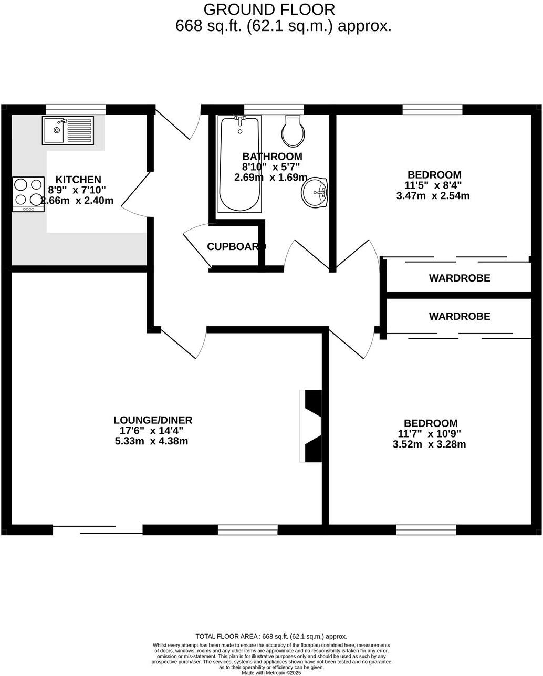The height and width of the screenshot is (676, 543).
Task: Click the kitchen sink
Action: (68, 130)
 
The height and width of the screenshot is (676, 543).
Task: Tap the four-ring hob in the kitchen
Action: (29, 193)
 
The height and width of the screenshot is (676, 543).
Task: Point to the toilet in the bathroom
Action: (293, 131)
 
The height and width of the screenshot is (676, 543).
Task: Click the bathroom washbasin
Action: (315, 193)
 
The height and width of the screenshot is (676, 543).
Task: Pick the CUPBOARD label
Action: (236, 246)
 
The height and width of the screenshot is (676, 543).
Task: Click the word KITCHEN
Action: (78, 180)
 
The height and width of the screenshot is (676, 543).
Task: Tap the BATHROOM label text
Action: (272, 156)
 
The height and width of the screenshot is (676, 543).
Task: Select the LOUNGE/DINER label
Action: (153, 420)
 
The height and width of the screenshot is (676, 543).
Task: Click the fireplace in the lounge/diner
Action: (311, 426)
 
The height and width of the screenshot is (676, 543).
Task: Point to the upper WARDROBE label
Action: (460, 278)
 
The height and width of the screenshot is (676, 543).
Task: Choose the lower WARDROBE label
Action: (460, 316)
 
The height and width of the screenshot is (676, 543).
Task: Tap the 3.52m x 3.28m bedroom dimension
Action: (430, 444)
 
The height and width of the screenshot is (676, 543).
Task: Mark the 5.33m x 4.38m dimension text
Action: (151, 441)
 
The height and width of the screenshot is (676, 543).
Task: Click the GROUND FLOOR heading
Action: (269, 9)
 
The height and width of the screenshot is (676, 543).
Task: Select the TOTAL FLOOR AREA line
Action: (271, 636)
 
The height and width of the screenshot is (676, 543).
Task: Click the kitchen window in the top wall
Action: (76, 109)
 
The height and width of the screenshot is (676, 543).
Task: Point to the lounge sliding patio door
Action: (98, 529)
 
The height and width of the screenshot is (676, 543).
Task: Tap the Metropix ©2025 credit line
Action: (271, 672)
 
